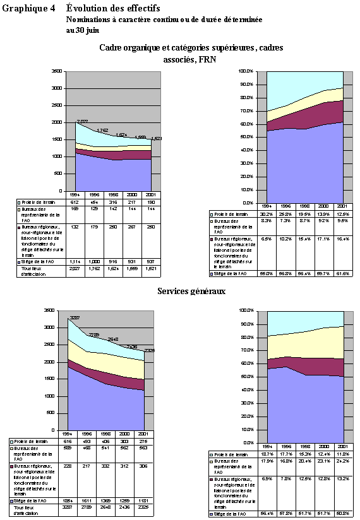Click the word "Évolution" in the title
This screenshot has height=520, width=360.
click(87, 8)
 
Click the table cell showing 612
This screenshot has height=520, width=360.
click(75, 203)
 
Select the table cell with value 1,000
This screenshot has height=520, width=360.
click(93, 261)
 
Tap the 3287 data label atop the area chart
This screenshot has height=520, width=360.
click(74, 317)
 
